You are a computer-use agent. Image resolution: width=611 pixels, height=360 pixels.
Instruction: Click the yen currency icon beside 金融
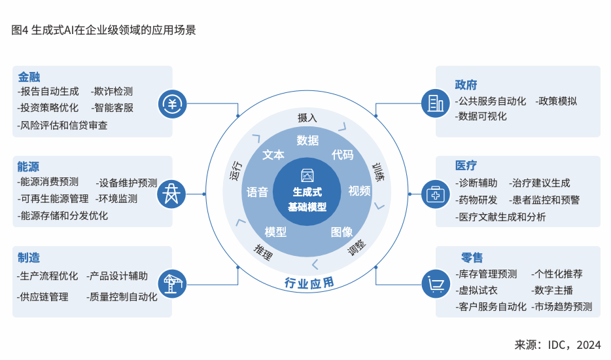tap(173, 103)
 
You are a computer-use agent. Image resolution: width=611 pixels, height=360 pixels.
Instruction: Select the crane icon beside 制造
tap(173, 283)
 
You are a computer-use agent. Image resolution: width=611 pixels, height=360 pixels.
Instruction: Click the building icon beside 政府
tap(435, 103)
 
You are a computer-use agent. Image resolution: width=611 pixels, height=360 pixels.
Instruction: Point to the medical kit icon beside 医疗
tap(435, 194)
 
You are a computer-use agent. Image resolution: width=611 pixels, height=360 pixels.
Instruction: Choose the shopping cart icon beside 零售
tap(435, 283)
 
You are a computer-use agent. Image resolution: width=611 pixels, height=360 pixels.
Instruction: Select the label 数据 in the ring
tap(307, 140)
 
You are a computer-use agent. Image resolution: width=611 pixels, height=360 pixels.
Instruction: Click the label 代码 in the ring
tap(342, 154)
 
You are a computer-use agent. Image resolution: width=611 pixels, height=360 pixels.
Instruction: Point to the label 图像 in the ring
tap(341, 232)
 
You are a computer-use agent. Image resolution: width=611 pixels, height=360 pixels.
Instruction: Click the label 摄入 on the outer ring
tap(307, 118)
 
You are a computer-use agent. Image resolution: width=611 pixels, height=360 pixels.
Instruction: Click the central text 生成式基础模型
tap(307, 199)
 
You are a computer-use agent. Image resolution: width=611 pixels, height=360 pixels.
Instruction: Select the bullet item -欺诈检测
tap(112, 92)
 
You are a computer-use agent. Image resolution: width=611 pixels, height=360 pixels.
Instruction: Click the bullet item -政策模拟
tap(556, 101)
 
